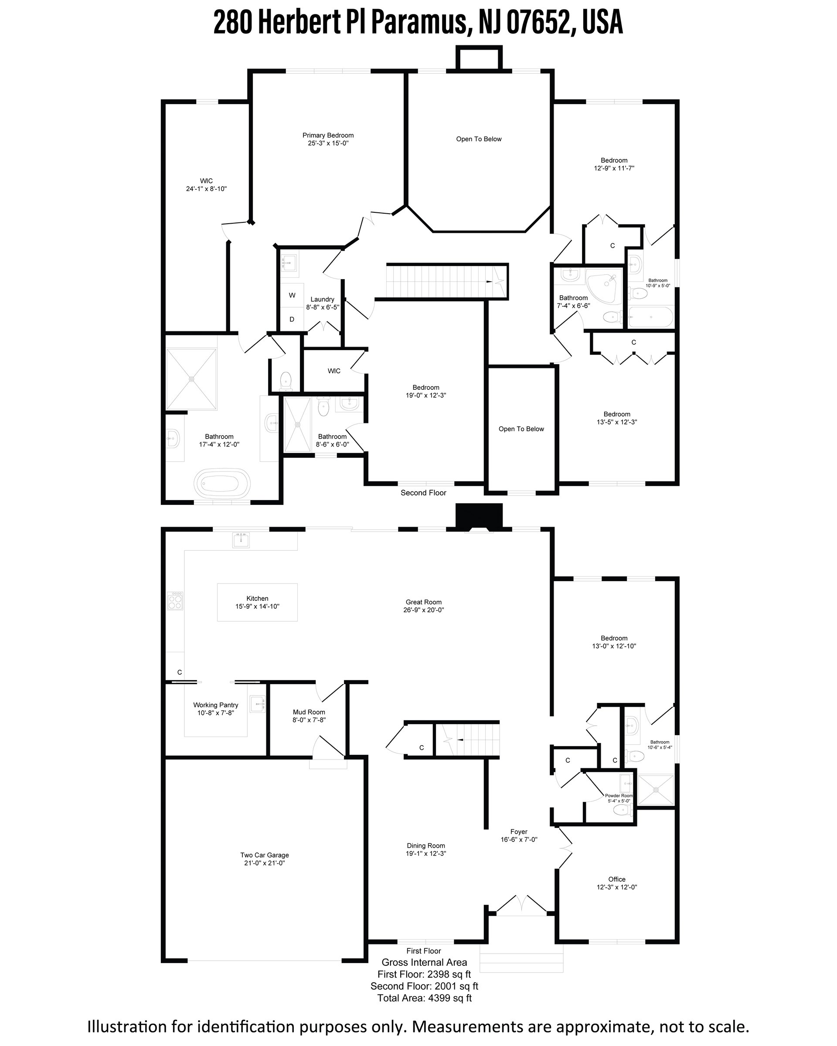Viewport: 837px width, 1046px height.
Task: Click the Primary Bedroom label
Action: click(328, 139)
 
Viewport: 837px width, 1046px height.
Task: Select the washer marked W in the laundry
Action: click(292, 295)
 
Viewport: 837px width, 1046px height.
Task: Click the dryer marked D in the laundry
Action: click(292, 319)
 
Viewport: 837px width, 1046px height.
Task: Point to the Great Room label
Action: click(423, 606)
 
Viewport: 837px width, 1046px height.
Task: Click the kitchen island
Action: click(257, 602)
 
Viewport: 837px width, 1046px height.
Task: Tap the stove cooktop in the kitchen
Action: click(175, 601)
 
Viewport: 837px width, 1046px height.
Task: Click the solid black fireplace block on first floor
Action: click(479, 515)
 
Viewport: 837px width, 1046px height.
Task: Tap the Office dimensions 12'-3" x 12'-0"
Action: click(617, 887)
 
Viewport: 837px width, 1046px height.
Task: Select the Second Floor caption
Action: click(423, 493)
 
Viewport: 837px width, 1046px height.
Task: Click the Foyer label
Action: click(519, 831)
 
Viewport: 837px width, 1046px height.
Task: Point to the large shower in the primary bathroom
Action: click(191, 379)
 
